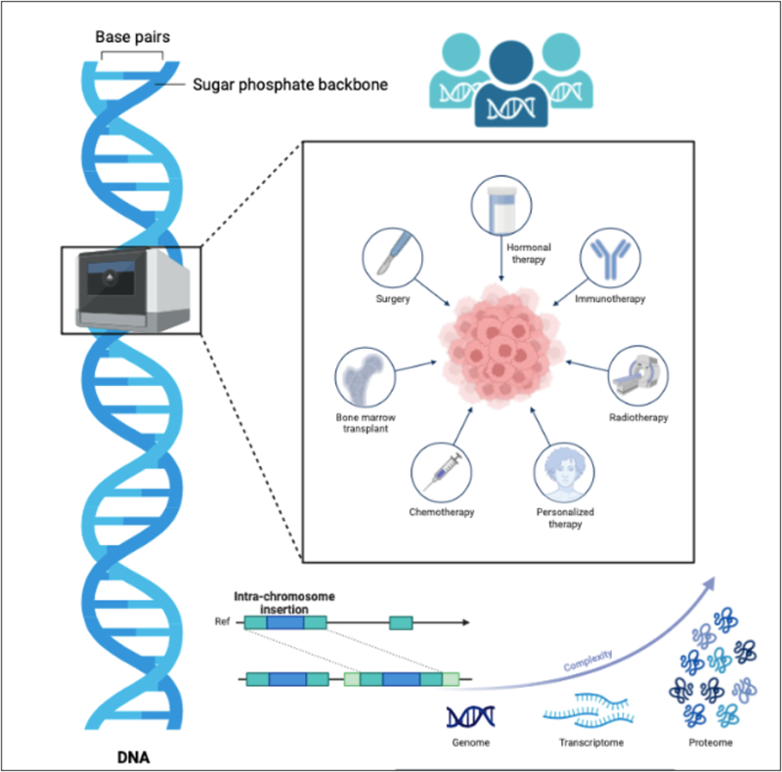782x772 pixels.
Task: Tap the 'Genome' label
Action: coord(471,744)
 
